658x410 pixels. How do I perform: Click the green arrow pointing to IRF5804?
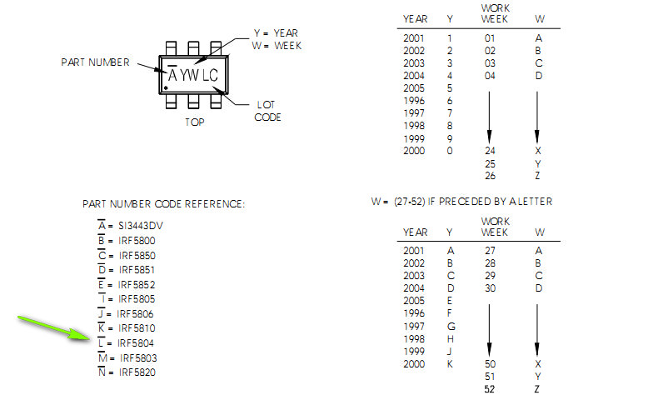pyautogui.click(x=53, y=328)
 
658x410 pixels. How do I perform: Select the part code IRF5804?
pyautogui.click(x=136, y=343)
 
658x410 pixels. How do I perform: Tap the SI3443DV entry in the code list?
pyautogui.click(x=141, y=226)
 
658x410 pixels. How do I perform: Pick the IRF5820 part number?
pyautogui.click(x=137, y=372)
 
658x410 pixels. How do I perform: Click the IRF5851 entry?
pyautogui.click(x=137, y=270)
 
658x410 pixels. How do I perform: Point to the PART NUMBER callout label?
pyautogui.click(x=95, y=62)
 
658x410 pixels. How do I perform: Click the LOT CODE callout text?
pyautogui.click(x=267, y=111)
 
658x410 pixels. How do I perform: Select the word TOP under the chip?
pyautogui.click(x=195, y=122)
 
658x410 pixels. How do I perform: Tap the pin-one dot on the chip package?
pyautogui.click(x=167, y=87)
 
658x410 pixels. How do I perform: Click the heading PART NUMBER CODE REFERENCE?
pyautogui.click(x=163, y=204)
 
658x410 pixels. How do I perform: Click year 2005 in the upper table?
pyautogui.click(x=414, y=88)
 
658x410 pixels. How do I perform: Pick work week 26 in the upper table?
pyautogui.click(x=490, y=175)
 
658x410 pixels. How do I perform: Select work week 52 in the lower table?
pyautogui.click(x=490, y=389)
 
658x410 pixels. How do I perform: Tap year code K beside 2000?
pyautogui.click(x=450, y=364)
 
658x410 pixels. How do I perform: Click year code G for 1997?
pyautogui.click(x=451, y=326)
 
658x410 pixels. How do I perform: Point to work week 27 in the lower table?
pyautogui.click(x=490, y=251)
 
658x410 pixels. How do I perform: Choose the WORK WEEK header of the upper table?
pyautogui.click(x=496, y=13)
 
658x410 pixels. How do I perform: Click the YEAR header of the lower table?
pyautogui.click(x=416, y=232)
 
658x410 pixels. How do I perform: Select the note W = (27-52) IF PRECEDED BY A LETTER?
pyautogui.click(x=461, y=202)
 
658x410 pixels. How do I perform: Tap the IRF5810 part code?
pyautogui.click(x=137, y=328)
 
